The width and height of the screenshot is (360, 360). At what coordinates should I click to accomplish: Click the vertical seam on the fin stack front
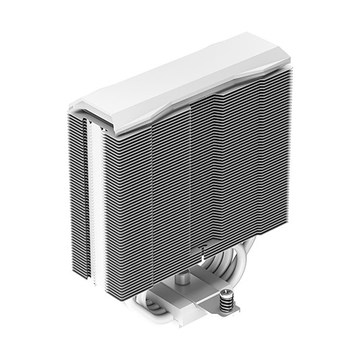pos(189,180)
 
